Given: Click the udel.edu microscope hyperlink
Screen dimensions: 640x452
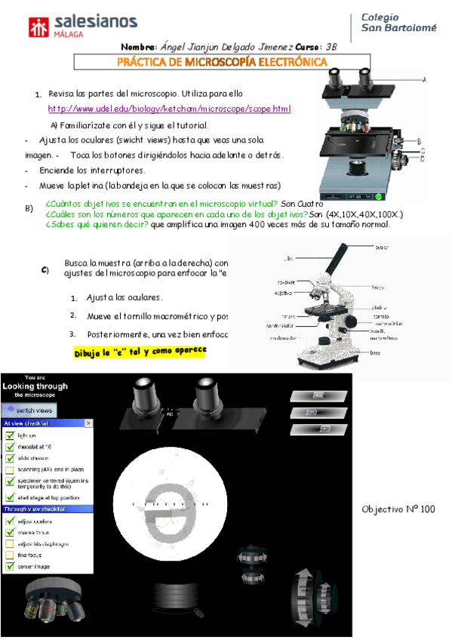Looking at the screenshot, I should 169,109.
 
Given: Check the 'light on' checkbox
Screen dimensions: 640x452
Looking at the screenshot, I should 9,435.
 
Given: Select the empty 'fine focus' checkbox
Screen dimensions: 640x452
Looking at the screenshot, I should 9,555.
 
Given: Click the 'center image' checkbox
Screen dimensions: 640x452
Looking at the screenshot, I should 9,566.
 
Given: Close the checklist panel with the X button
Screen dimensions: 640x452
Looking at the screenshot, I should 88,423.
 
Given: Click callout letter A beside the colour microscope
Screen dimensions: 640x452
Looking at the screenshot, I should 424,79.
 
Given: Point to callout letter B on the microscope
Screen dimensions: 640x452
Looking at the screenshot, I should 419,141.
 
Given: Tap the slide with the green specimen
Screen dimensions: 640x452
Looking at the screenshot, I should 319,395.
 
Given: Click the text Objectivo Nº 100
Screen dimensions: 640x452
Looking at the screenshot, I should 398,509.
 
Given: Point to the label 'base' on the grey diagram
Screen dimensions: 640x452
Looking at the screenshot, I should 374,352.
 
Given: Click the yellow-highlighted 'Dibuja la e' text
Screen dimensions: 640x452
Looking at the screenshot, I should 140,352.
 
